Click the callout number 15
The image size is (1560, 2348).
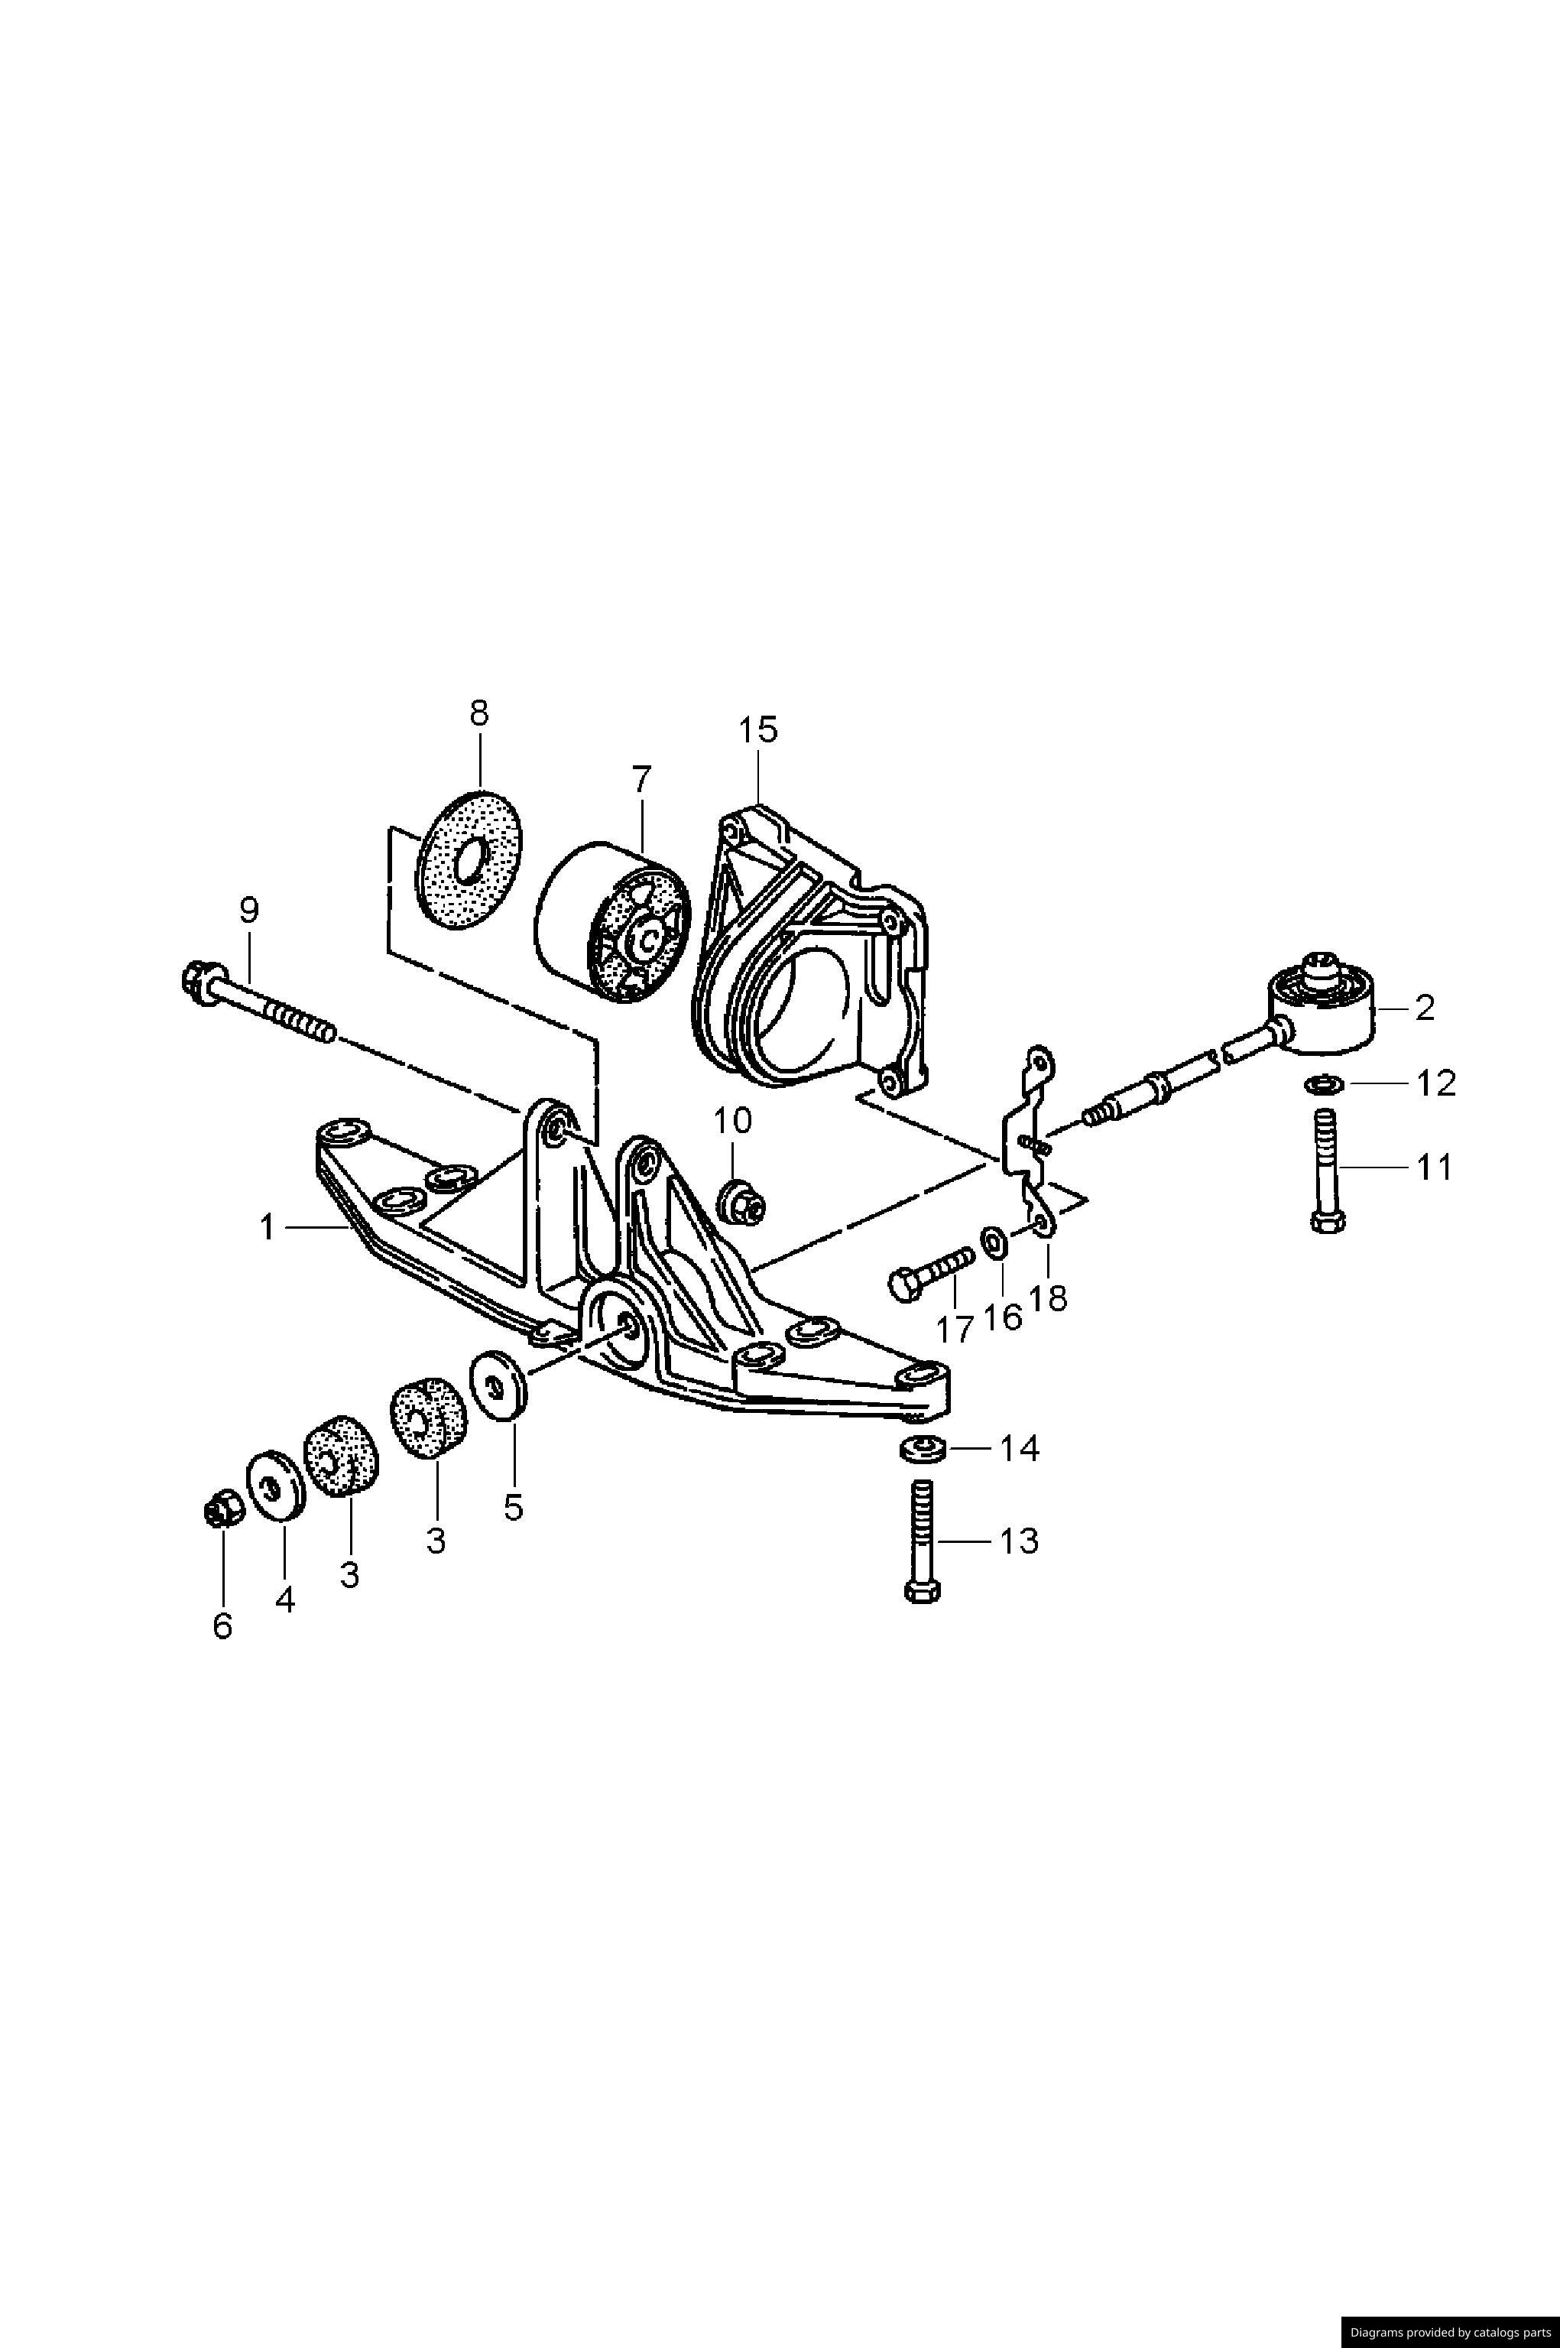[757, 729]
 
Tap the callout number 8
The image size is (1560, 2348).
[479, 713]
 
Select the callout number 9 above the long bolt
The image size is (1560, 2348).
[248, 908]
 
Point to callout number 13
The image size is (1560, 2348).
[1018, 1541]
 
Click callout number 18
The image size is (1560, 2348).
[1049, 1297]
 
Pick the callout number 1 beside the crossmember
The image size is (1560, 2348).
[267, 1229]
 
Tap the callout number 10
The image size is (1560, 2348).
[732, 1122]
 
